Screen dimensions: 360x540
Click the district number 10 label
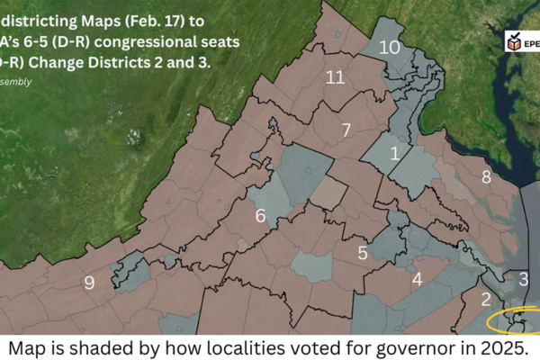coord(389,48)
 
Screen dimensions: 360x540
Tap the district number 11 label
coord(335,78)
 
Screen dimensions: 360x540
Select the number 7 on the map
coord(346,130)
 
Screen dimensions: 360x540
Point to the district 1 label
coord(394,154)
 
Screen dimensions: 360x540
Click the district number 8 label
coord(486,177)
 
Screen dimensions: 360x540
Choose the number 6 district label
coord(260,216)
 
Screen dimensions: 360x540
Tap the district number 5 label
coord(363,253)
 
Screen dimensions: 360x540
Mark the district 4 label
coord(417,279)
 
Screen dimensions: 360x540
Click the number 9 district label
coord(88,283)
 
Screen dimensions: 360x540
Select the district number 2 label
coord(486,299)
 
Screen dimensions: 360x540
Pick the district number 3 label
coord(524,280)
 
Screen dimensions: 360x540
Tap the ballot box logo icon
coord(515,41)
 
